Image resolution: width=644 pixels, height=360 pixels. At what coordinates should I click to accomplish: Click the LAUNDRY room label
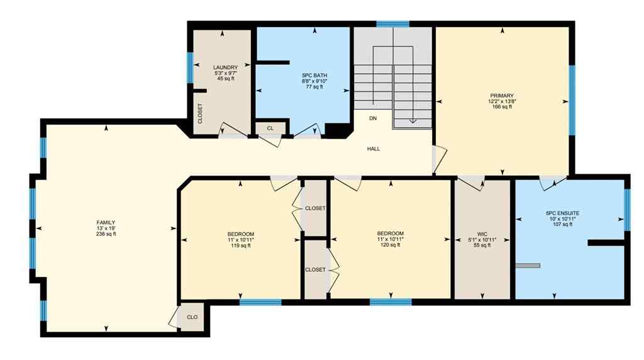click(225, 67)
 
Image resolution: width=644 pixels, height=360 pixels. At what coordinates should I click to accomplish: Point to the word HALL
click(374, 149)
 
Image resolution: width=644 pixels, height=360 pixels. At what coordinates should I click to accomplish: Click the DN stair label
click(373, 118)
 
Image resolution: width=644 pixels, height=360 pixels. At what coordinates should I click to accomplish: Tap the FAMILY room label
click(106, 223)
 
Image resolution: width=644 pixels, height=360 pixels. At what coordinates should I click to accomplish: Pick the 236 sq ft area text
click(106, 234)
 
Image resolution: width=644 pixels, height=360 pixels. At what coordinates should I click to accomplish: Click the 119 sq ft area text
click(240, 245)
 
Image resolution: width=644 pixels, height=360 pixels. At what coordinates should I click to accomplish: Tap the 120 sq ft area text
click(391, 245)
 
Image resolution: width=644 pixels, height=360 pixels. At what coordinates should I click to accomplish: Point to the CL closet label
click(270, 128)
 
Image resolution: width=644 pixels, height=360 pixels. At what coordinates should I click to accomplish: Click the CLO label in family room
click(192, 317)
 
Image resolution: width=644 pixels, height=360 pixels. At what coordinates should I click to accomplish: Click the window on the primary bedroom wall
click(572, 100)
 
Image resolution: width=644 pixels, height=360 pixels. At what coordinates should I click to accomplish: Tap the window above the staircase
click(392, 25)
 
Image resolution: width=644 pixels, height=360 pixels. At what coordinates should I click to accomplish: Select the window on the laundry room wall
click(190, 67)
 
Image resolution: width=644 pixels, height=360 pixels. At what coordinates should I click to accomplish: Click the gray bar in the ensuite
click(528, 266)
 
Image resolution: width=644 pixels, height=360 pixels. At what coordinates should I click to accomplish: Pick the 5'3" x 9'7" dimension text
click(225, 73)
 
